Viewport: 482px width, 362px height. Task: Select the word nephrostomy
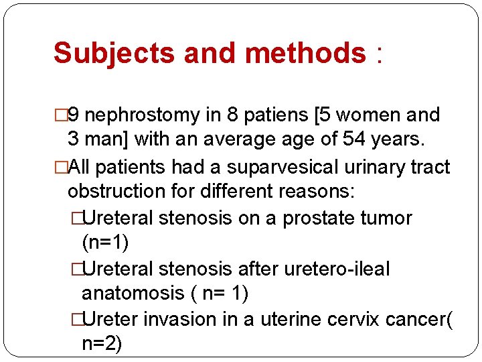pyautogui.click(x=143, y=115)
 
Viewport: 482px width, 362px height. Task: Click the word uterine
pyautogui.click(x=287, y=319)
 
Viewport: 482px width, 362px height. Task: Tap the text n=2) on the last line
pyautogui.click(x=102, y=345)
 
